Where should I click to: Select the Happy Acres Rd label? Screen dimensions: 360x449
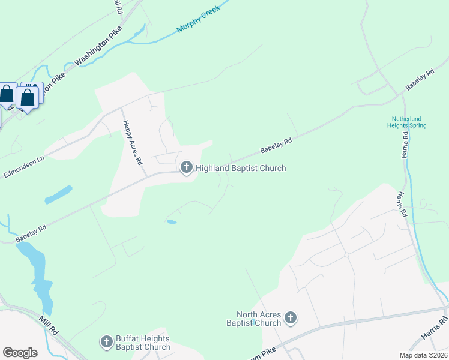coord(133,143)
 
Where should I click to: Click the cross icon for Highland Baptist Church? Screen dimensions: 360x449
coord(186,168)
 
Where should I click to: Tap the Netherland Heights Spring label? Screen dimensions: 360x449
coord(409,122)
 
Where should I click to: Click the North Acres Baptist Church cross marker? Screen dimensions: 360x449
coord(291,318)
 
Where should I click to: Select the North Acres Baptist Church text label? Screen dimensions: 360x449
coord(259,319)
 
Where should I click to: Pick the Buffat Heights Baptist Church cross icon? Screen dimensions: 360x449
coord(107,342)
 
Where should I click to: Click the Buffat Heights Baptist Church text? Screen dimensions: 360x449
coord(143,343)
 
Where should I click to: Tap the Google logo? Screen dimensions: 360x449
coord(20,352)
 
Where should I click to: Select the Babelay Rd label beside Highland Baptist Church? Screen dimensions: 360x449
coord(276,145)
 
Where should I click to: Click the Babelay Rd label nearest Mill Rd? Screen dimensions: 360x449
coord(31,233)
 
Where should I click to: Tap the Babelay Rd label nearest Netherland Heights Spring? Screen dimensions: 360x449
coord(420,80)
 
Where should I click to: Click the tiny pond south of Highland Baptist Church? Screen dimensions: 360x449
coord(172,222)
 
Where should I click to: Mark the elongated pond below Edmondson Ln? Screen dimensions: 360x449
coord(58,194)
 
